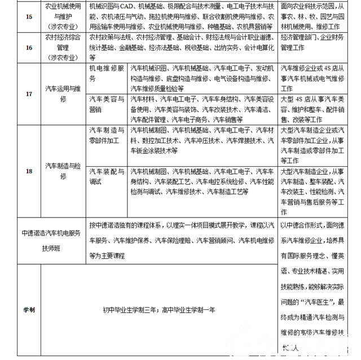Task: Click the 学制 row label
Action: coord(29,309)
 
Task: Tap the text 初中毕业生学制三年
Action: coord(129,309)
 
